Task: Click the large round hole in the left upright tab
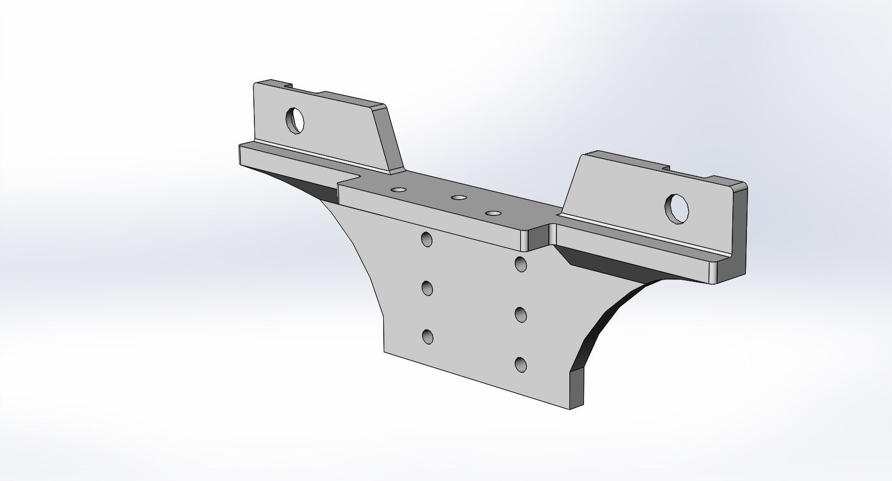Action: click(x=295, y=120)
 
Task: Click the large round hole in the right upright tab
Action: click(x=677, y=208)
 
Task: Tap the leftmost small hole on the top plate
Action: click(x=399, y=190)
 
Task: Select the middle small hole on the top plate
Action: click(x=459, y=199)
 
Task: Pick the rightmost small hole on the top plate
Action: click(x=493, y=213)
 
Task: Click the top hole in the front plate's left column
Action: click(x=427, y=239)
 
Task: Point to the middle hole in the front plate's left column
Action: click(x=428, y=288)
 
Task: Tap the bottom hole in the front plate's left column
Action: click(x=428, y=337)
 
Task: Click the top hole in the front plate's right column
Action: click(x=521, y=264)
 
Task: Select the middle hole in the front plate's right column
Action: click(x=521, y=314)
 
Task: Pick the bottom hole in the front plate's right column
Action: click(x=521, y=365)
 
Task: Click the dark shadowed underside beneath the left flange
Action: click(x=309, y=186)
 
